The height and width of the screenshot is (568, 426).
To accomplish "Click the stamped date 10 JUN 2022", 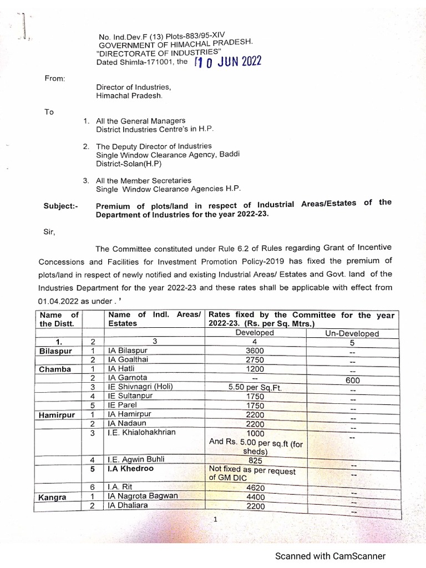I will click(227, 62).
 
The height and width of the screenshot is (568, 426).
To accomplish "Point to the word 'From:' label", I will click(55, 78).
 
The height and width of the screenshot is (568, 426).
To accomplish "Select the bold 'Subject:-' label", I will click(61, 206).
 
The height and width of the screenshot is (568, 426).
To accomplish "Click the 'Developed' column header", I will click(255, 333).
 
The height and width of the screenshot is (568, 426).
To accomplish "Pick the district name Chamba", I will click(55, 369).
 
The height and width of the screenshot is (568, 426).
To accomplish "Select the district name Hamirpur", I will click(57, 414).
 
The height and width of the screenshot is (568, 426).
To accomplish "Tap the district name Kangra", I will click(53, 498).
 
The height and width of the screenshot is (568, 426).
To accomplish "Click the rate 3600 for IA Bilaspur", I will click(255, 351).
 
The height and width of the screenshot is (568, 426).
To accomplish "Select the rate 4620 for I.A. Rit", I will click(255, 487).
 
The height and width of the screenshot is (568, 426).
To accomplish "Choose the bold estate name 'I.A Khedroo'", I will click(131, 469).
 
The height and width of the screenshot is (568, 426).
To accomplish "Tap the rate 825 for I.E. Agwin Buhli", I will click(255, 460).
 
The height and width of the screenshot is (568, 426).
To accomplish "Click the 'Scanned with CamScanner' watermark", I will click(331, 556).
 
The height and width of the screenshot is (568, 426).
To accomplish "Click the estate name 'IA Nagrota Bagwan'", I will click(143, 496).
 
